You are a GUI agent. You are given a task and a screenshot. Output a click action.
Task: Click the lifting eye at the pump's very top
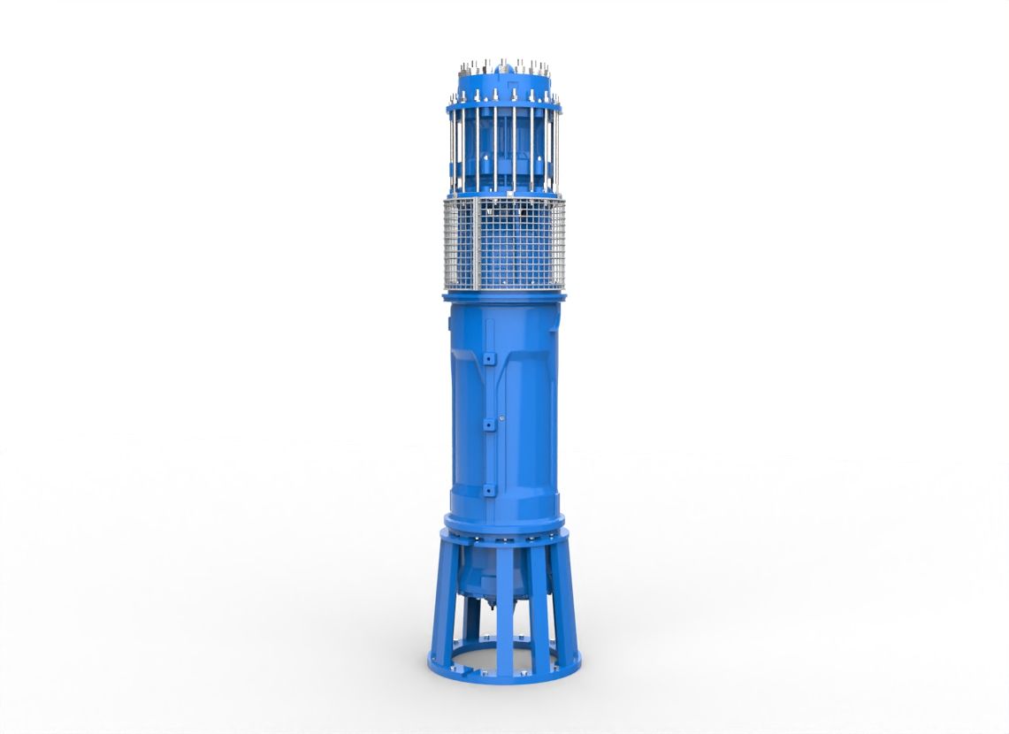(503, 65)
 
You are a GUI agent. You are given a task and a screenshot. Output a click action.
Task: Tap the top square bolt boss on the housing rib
(488, 359)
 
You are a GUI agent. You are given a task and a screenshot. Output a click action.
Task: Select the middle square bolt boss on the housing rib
(488, 424)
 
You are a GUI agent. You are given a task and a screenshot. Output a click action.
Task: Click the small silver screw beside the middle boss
(501, 419)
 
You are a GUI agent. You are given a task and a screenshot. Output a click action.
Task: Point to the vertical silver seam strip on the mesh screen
(476, 244)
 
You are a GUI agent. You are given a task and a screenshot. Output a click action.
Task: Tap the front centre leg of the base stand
(505, 610)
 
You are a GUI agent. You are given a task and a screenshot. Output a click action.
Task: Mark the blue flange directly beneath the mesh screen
(504, 297)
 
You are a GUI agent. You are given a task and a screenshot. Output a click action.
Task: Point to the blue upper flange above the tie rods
(504, 103)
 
